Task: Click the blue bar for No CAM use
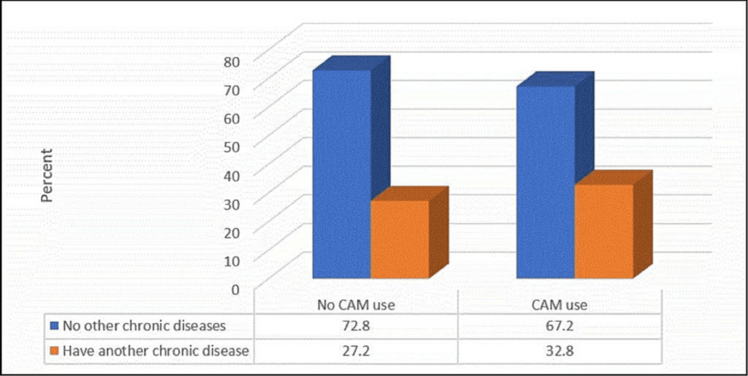point(342,174)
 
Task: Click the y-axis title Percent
point(46,175)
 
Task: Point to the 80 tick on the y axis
point(231,62)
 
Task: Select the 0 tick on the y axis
point(235,290)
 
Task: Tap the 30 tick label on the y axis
point(231,205)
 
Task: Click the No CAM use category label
point(356,305)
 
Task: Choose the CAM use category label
point(559,305)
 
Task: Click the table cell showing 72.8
point(356,326)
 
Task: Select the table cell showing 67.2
point(559,326)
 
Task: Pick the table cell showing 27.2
point(356,351)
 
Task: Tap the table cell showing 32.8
point(559,351)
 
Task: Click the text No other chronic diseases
point(144,326)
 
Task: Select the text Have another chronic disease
point(156,351)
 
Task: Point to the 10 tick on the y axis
point(231,261)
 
